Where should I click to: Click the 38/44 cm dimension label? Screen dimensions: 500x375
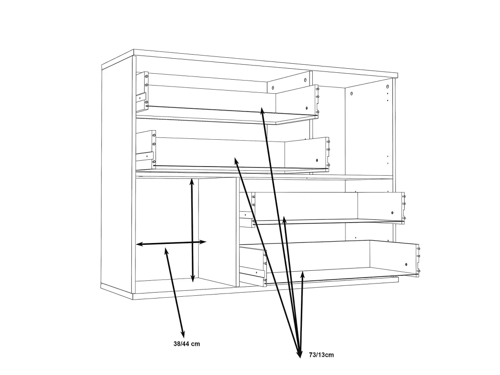[x=186, y=344]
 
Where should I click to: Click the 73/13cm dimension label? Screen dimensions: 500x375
[x=321, y=355]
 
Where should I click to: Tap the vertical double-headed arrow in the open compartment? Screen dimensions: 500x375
[x=192, y=230]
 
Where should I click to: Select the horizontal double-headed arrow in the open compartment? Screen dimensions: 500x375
[x=171, y=243]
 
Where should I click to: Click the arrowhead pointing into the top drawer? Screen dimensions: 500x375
[x=262, y=111]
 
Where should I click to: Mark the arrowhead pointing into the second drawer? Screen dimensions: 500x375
[x=236, y=161]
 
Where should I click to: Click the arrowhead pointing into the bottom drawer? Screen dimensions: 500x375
[x=303, y=274]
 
